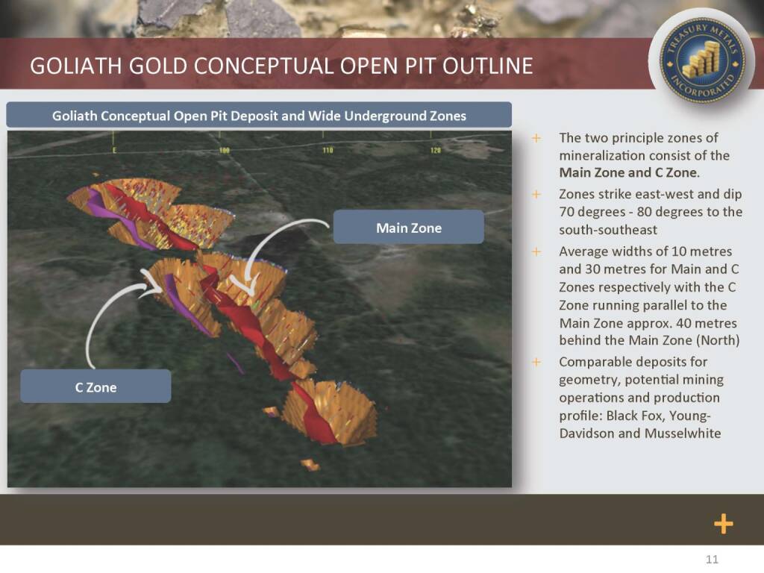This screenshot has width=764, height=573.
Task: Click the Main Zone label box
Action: tap(408, 227)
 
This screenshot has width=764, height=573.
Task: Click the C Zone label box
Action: tap(95, 386)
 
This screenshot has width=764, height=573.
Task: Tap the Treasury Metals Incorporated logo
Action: tap(701, 60)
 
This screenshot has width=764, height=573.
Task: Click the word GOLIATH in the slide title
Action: tap(75, 66)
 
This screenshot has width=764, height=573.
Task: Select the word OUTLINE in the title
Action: tap(488, 66)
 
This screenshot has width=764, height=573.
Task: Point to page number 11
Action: tap(712, 560)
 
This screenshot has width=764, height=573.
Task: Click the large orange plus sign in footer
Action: tap(724, 524)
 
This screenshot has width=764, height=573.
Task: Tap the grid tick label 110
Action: tap(328, 150)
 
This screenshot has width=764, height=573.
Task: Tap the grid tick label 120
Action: tap(435, 150)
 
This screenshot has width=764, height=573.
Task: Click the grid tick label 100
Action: tap(224, 151)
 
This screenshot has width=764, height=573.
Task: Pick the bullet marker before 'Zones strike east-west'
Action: tap(536, 195)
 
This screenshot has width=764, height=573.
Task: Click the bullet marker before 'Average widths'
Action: tap(536, 252)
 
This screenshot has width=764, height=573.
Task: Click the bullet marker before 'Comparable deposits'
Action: tap(536, 363)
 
